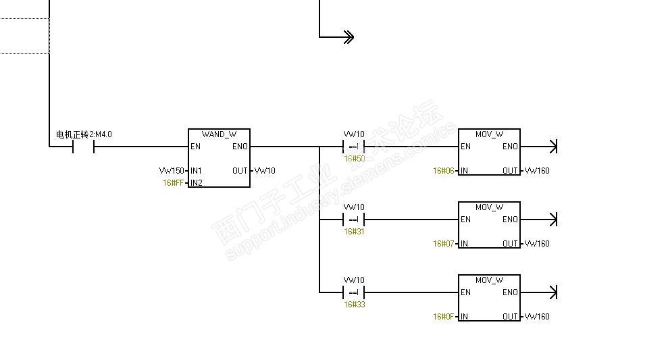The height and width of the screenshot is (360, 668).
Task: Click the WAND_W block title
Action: tap(219, 134)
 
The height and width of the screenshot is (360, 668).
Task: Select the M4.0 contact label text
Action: tap(84, 134)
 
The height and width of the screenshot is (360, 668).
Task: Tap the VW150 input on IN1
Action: tap(172, 171)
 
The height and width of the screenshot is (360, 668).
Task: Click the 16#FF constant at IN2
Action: tap(173, 183)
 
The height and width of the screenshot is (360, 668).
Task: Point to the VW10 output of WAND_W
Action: tap(265, 171)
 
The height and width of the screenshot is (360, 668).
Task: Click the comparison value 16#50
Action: tap(355, 159)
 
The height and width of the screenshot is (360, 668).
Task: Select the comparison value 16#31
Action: tap(354, 232)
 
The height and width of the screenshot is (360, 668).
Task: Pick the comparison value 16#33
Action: tap(355, 304)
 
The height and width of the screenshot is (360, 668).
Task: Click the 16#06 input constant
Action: tap(444, 171)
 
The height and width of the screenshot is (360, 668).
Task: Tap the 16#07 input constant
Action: tap(444, 244)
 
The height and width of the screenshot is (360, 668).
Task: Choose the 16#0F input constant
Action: tap(444, 317)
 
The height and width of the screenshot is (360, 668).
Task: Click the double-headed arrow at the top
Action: tap(349, 37)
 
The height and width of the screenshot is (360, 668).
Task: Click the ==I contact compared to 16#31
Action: tap(354, 220)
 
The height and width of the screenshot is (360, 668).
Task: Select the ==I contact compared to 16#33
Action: tap(354, 292)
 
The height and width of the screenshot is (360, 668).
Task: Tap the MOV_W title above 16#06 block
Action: tap(489, 134)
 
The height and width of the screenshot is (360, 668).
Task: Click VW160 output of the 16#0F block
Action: tap(537, 317)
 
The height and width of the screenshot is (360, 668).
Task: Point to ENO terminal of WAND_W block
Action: tap(240, 147)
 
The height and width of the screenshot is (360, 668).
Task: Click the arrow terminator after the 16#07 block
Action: tap(553, 220)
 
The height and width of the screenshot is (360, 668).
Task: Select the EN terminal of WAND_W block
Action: tap(196, 147)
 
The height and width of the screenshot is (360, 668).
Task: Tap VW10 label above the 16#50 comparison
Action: tap(354, 134)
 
